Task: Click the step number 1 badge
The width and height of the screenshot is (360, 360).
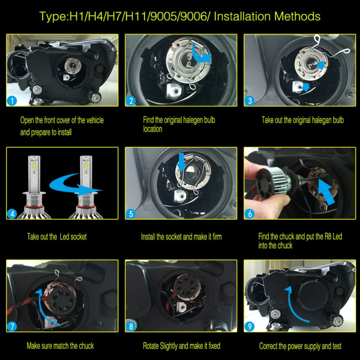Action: pos(12,101)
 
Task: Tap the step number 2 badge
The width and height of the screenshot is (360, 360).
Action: pos(131,101)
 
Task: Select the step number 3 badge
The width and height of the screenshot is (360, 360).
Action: pos(250,101)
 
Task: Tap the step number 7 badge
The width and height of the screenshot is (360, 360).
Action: pos(12,327)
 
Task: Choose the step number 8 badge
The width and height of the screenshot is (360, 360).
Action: pos(131,327)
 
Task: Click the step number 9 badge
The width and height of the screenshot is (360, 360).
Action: pos(250,327)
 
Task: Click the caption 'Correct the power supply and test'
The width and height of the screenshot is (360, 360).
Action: pos(300,346)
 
